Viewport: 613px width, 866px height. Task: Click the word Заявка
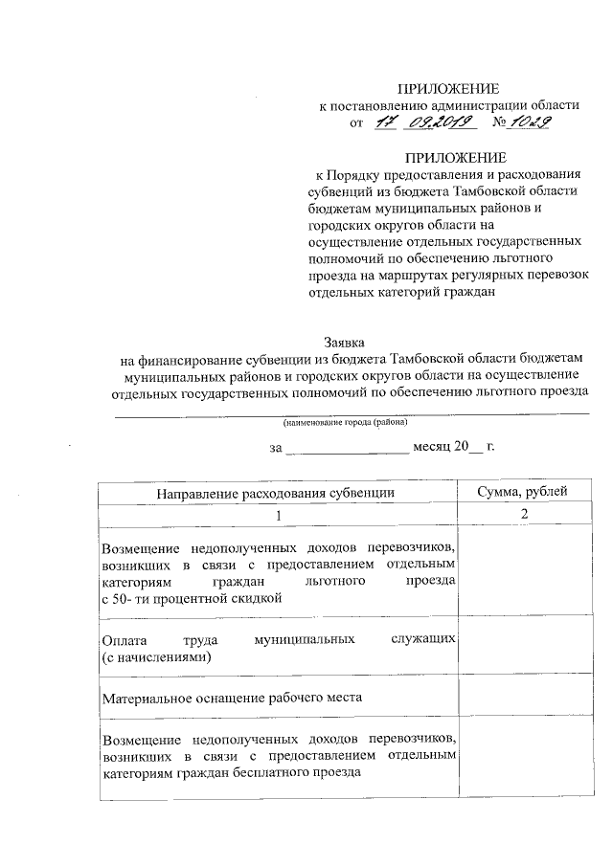pos(344,340)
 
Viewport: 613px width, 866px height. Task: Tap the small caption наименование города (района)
pos(345,422)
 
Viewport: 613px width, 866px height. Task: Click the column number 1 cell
pos(279,515)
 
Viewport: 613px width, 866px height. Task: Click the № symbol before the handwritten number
pos(499,122)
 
